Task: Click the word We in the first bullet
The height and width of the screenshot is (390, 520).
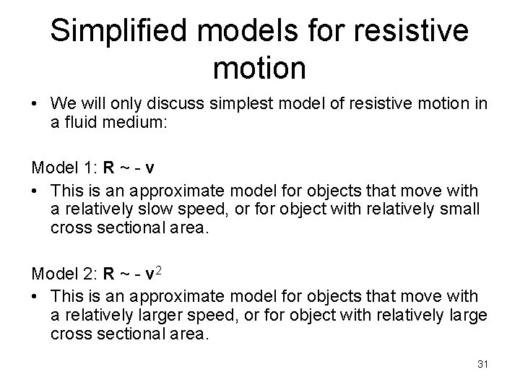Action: click(x=63, y=105)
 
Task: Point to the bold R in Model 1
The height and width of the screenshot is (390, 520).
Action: click(x=108, y=169)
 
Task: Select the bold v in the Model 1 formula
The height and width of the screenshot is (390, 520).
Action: click(x=148, y=169)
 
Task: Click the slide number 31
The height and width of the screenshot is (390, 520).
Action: click(x=482, y=364)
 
